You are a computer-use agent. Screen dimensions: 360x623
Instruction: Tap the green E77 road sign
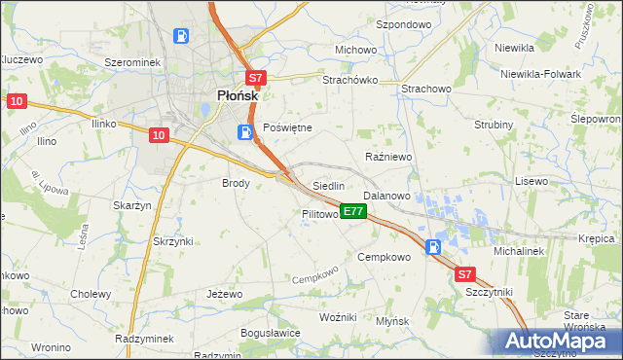pos(353,210)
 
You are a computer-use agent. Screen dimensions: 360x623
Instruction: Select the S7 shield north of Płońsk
pos(254,78)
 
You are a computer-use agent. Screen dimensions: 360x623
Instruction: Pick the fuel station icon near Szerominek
pos(181,37)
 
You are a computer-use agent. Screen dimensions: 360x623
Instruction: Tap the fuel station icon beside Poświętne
pos(243,131)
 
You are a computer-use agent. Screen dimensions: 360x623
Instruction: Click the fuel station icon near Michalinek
pos(433,247)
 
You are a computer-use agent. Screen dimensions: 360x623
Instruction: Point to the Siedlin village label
pos(328,185)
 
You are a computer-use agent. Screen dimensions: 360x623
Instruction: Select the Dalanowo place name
pos(386,196)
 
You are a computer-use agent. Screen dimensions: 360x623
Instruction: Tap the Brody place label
pos(237,183)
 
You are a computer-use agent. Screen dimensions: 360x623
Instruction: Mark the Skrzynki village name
pos(173,240)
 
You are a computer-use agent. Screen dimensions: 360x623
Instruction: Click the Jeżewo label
pos(224,293)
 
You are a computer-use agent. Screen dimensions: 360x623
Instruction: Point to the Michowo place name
pos(355,50)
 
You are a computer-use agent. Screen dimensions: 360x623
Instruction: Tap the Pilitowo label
pos(319,213)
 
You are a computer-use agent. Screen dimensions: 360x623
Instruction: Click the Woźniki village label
pos(338,317)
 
